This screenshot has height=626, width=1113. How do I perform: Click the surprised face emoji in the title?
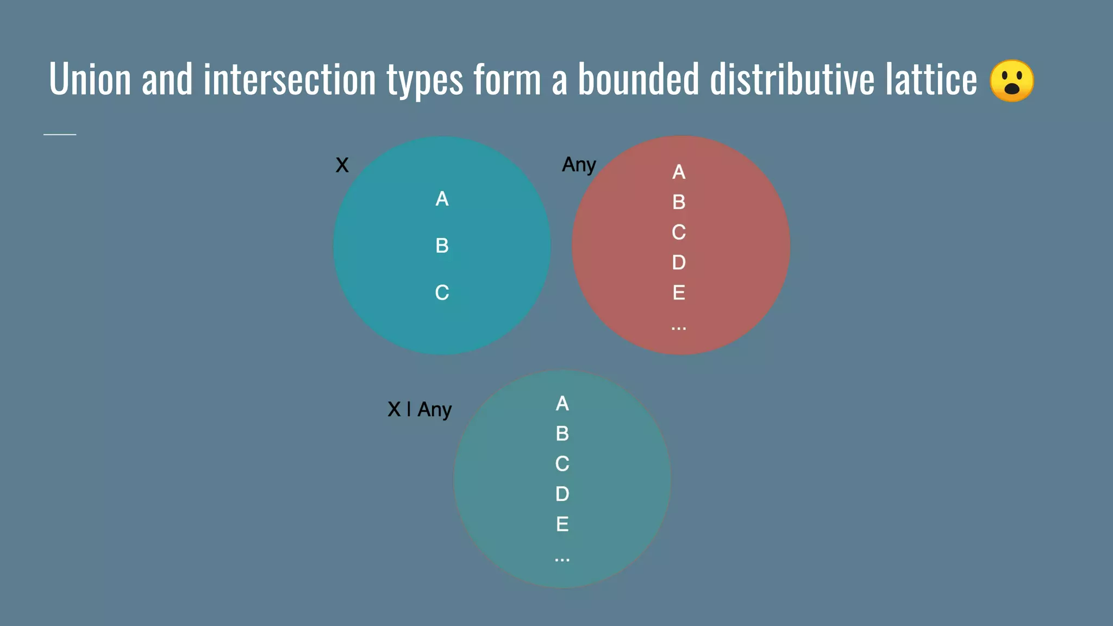tap(1011, 80)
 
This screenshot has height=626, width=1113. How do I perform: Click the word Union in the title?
tap(90, 79)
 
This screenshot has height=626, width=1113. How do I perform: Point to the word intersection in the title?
tap(290, 79)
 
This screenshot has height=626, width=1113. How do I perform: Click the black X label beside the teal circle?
tap(342, 165)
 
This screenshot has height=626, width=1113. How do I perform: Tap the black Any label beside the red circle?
tap(579, 165)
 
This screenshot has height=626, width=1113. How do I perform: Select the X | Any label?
tap(420, 409)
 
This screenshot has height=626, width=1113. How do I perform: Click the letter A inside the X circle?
tap(442, 199)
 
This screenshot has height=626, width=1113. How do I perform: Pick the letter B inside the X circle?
tap(442, 246)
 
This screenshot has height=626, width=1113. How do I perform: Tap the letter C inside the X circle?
tap(442, 293)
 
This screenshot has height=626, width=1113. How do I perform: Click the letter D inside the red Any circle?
tap(679, 262)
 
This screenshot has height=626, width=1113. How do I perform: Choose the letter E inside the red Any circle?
tap(679, 293)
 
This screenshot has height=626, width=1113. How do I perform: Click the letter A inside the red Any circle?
tap(679, 172)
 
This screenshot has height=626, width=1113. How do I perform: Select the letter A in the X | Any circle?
tap(562, 404)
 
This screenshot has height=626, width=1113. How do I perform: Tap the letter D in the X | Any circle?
tap(562, 494)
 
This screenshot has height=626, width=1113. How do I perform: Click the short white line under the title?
tap(60, 134)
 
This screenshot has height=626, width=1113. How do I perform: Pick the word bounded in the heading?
tap(638, 79)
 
